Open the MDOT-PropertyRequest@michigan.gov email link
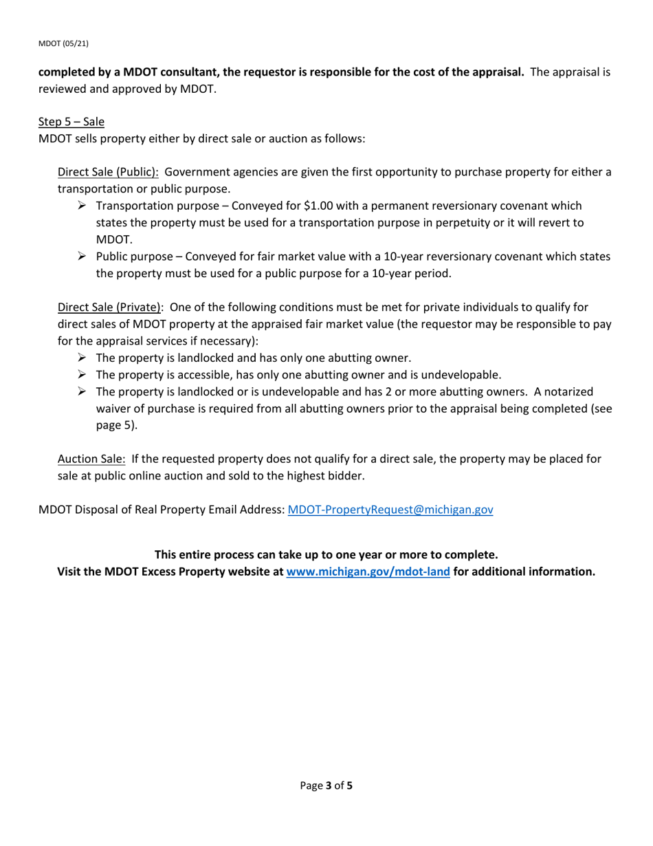(390, 510)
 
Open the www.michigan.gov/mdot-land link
(368, 572)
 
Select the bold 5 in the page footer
(349, 785)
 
